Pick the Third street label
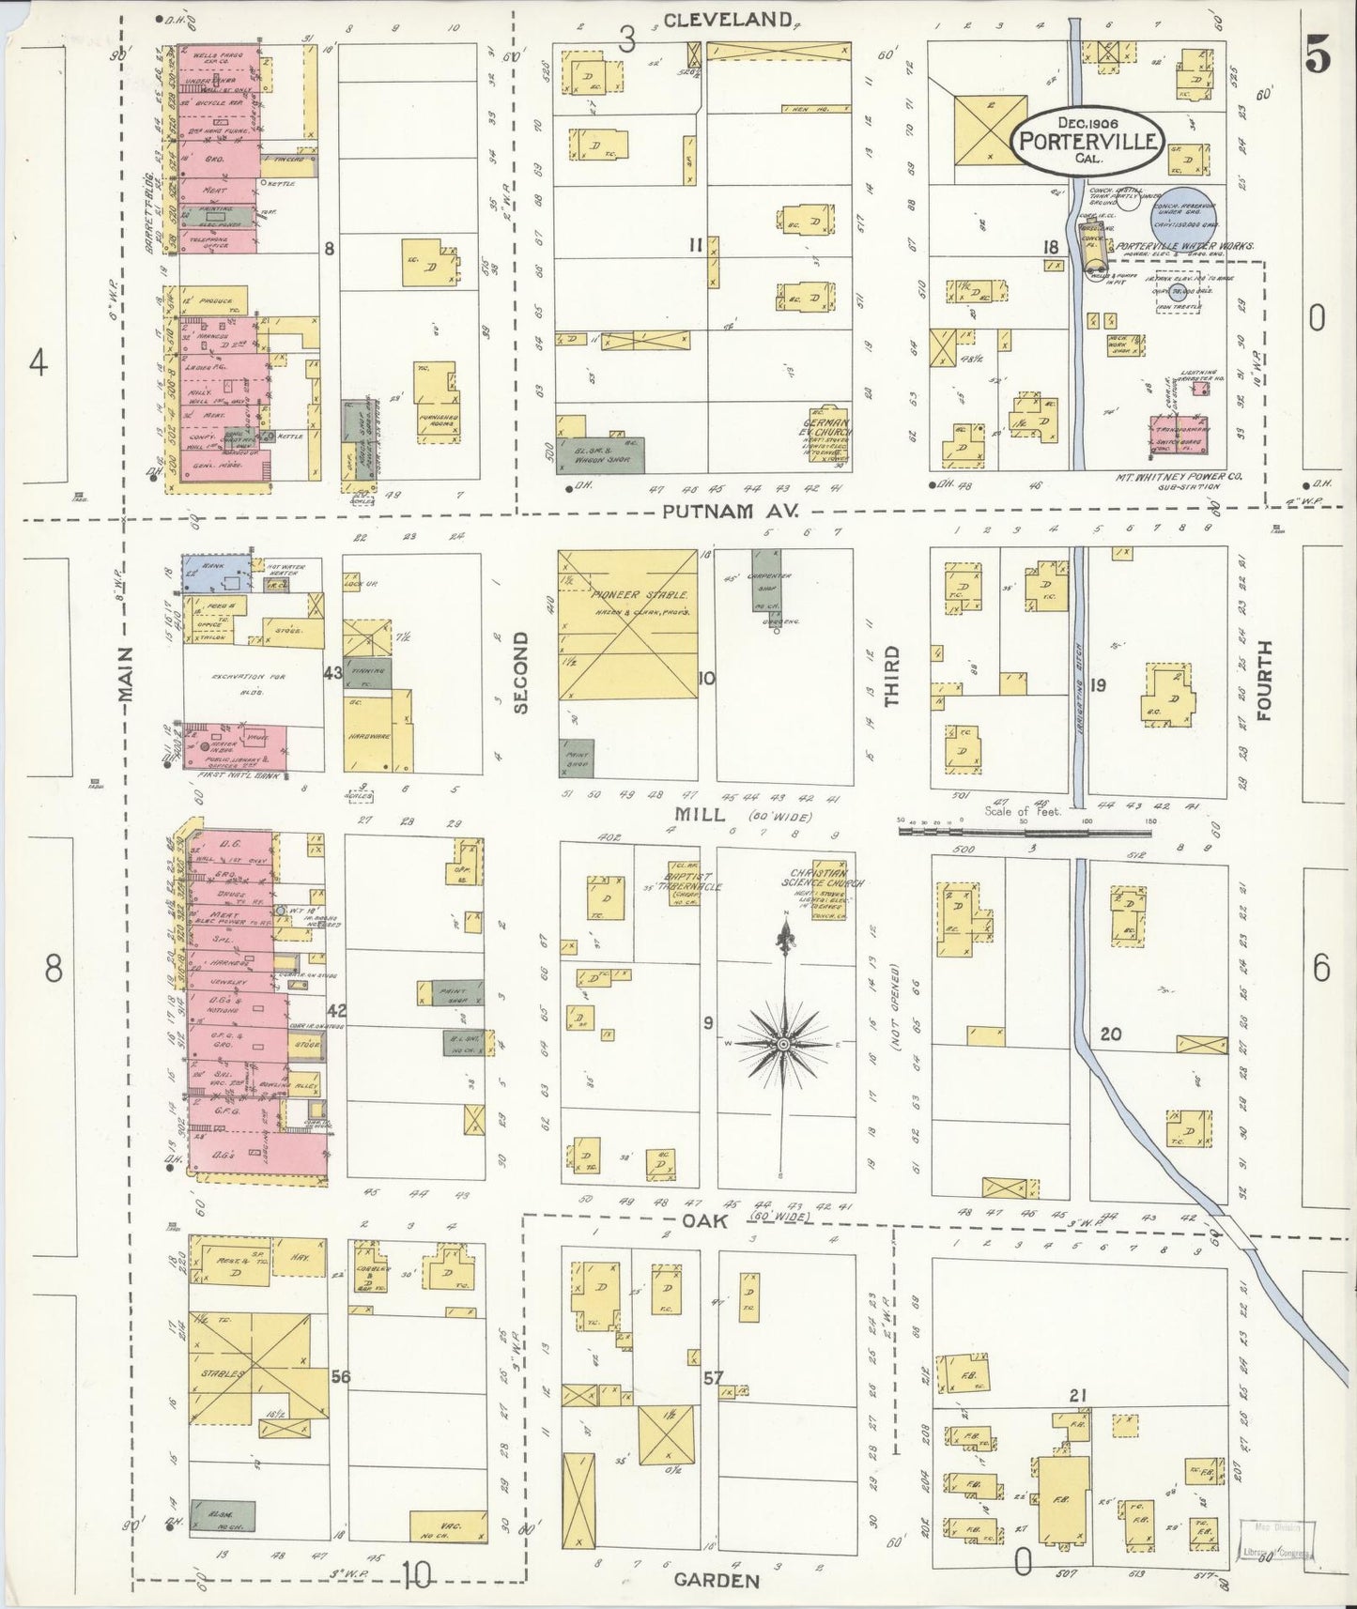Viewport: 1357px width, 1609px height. [890, 676]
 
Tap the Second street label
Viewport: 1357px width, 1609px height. [521, 672]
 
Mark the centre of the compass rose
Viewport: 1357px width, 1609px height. [782, 1044]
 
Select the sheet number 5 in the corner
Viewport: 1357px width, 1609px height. [1317, 58]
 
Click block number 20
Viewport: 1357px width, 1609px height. [1111, 1034]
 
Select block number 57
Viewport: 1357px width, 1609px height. [714, 1378]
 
